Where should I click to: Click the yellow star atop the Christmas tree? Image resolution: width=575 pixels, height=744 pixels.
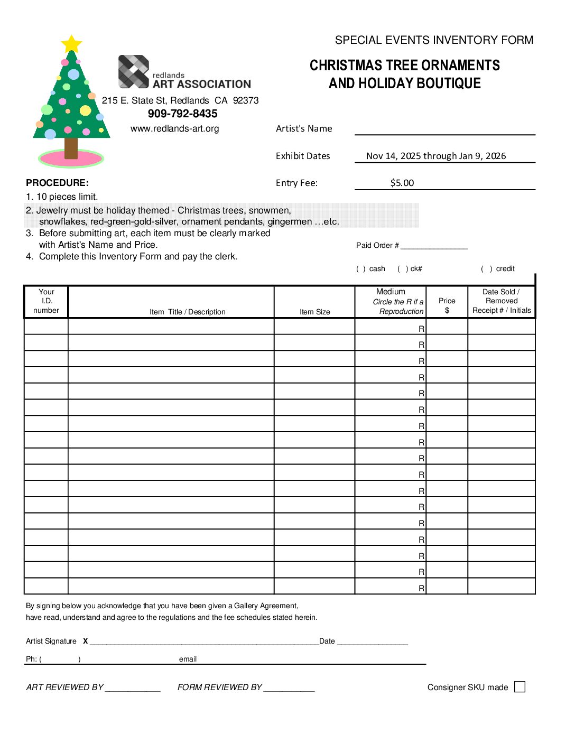coord(71,44)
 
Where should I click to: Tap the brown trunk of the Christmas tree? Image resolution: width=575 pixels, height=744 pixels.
coord(71,147)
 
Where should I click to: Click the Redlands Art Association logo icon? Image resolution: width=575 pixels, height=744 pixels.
coord(133,71)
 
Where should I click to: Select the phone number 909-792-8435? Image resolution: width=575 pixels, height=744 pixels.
coord(182,114)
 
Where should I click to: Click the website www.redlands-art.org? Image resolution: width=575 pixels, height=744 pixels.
coord(174,128)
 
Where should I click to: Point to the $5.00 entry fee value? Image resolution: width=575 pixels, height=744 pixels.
coord(402,183)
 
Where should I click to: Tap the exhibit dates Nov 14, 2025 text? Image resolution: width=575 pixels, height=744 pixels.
coord(435,156)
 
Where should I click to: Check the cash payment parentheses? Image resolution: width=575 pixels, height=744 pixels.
coord(361,269)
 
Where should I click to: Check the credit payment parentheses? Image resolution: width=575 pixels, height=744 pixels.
coord(486,269)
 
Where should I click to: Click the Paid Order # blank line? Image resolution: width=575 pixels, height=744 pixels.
coord(434,246)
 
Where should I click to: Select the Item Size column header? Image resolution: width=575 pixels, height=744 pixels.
coord(314,312)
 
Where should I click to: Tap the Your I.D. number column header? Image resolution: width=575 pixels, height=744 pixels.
coord(47,301)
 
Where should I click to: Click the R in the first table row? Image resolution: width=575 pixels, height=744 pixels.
coord(421,329)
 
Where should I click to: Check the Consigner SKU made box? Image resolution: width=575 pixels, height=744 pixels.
coord(520,686)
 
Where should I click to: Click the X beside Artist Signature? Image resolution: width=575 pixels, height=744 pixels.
coord(85,641)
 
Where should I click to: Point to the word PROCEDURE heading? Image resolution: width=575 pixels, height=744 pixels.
coord(57,183)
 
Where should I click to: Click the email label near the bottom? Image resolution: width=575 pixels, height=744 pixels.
coord(188,659)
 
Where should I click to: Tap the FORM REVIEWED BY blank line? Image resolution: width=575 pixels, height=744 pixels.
coord(289,688)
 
